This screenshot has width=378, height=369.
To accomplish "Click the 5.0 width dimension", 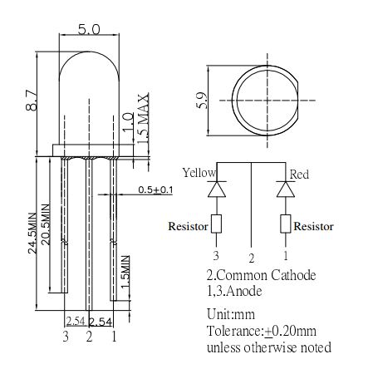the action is (89, 30).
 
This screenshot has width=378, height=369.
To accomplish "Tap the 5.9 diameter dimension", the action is (201, 101).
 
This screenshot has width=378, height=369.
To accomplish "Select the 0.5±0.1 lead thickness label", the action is (155, 189).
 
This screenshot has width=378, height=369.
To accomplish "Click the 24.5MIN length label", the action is (32, 233).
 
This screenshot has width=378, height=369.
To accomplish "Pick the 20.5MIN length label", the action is (46, 224).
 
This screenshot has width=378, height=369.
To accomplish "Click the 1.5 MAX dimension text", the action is (143, 118).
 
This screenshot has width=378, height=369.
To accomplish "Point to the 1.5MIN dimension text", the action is (125, 272).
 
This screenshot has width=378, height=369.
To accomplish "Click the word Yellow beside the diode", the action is (199, 173).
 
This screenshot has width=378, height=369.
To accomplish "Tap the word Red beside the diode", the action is (299, 175).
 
